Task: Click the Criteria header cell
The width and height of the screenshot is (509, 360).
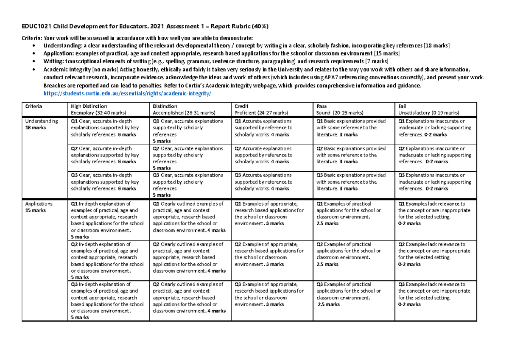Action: tap(34, 106)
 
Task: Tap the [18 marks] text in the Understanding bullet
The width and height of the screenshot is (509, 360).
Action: tap(437, 45)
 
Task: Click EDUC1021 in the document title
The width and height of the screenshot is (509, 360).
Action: tap(37, 27)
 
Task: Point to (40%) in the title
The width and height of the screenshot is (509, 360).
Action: tap(259, 27)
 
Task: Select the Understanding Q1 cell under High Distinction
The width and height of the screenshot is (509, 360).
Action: tap(106, 128)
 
